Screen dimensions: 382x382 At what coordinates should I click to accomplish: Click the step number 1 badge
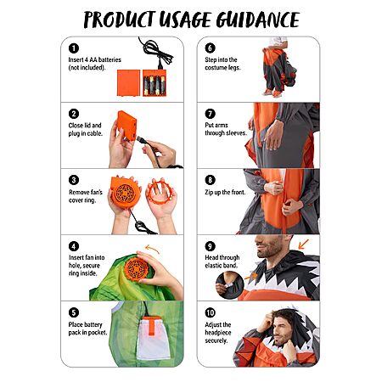click(74, 48)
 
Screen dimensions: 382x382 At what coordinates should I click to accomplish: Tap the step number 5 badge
click(74, 312)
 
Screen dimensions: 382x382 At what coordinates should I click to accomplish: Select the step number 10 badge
click(211, 312)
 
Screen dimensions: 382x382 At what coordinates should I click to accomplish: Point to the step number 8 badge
click(211, 180)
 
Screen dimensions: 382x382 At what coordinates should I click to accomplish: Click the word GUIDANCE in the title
click(258, 20)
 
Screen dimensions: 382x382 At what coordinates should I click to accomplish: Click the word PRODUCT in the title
click(120, 20)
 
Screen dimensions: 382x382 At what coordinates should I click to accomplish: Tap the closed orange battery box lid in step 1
click(129, 83)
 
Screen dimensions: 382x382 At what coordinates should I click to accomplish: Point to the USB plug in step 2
click(142, 140)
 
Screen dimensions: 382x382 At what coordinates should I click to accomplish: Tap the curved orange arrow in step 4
click(152, 248)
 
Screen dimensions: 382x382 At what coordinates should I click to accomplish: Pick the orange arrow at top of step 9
click(303, 244)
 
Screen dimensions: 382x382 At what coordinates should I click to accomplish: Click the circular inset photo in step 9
click(230, 285)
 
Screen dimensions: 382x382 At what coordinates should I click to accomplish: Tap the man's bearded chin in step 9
click(265, 253)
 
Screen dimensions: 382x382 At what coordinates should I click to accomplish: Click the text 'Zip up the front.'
click(225, 192)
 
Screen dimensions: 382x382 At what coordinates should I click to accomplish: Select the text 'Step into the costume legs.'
click(222, 64)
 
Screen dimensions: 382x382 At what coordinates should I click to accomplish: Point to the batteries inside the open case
click(154, 85)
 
